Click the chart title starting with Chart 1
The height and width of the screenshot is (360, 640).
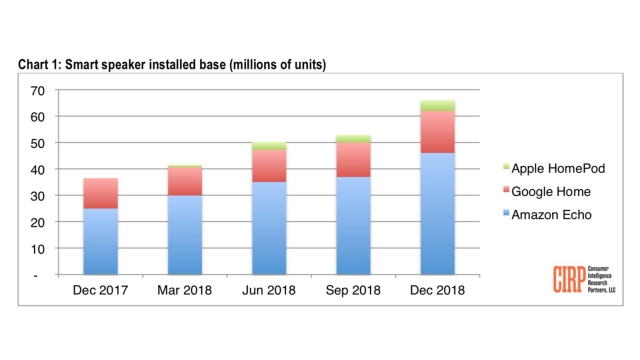[x=171, y=65]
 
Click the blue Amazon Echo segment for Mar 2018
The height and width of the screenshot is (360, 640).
[x=184, y=234]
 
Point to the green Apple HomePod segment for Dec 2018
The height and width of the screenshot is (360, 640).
[x=437, y=105]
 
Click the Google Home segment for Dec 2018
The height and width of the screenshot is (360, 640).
[x=437, y=131]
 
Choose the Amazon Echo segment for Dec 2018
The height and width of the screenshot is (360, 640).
[x=437, y=213]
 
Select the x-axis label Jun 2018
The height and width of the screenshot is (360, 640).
[x=268, y=291]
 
